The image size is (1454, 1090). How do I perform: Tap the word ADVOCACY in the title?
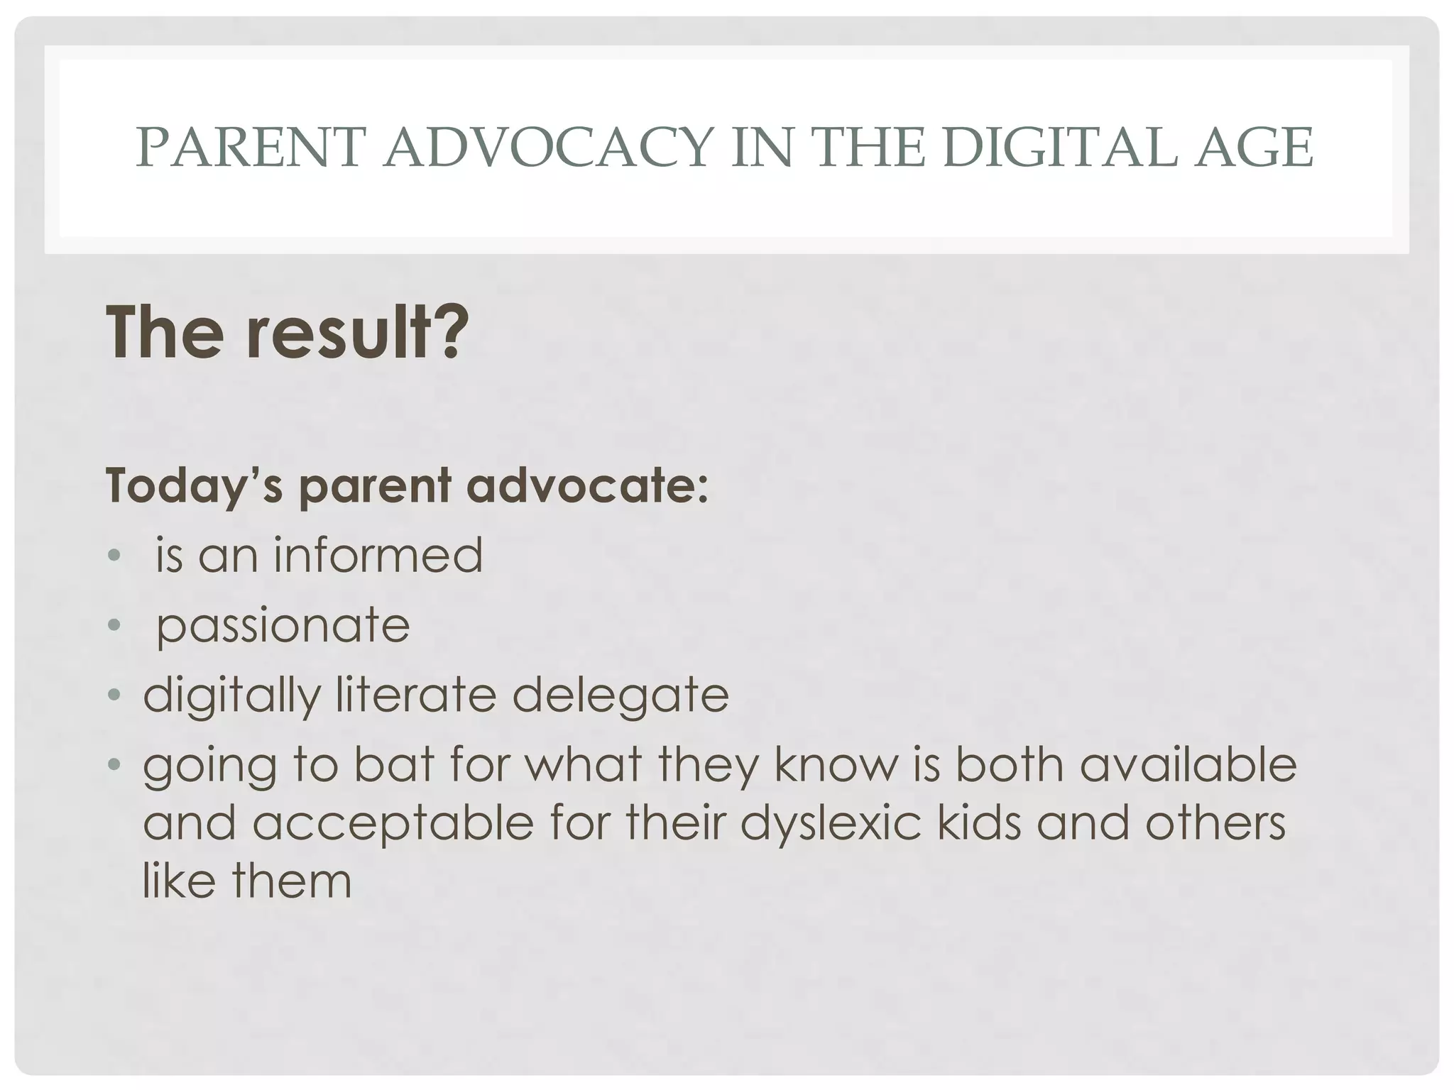(x=548, y=148)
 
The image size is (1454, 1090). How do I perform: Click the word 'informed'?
(x=378, y=555)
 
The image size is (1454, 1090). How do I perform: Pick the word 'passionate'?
(x=283, y=626)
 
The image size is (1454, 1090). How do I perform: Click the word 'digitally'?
(x=232, y=695)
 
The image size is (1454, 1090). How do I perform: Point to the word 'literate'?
(x=415, y=695)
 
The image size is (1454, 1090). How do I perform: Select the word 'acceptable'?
(x=392, y=823)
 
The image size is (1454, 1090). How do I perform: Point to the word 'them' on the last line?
(x=291, y=881)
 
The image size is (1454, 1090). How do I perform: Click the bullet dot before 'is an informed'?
(x=114, y=556)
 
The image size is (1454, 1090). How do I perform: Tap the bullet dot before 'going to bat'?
(x=114, y=765)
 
